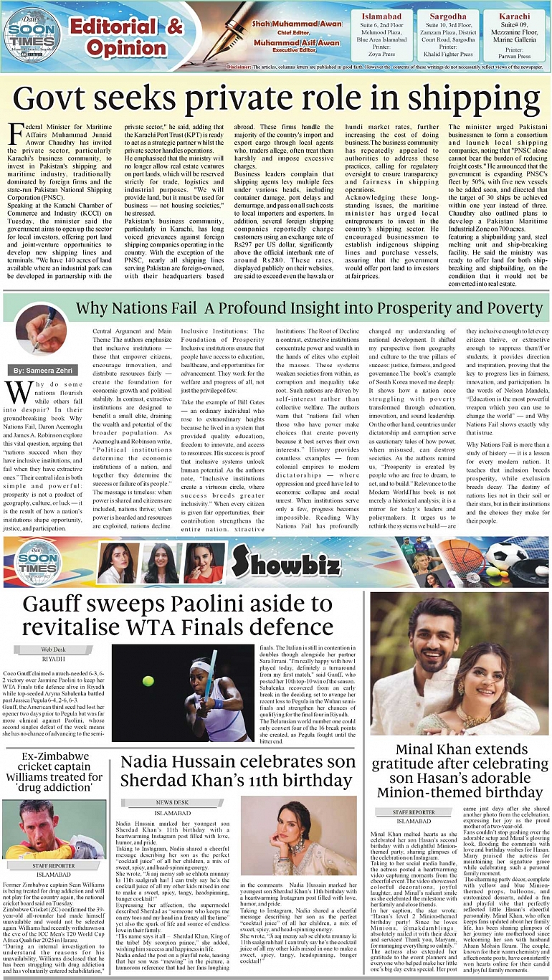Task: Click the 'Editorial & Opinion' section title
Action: tap(127, 37)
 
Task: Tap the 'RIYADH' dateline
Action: tap(53, 657)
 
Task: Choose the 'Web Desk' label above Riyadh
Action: tap(53, 649)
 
